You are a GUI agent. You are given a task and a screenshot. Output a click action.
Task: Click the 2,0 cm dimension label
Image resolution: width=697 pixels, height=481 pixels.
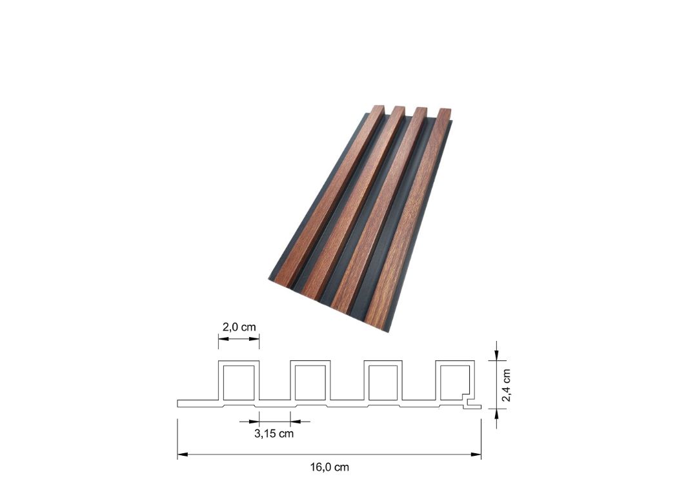[239, 327]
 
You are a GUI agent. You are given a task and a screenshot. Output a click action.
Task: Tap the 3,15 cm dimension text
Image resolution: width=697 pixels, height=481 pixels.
[274, 433]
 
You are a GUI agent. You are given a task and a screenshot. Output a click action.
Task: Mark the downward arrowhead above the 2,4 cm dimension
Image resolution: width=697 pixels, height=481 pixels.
[496, 354]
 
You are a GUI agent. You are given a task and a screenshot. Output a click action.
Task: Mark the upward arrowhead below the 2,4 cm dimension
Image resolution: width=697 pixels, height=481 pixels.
[496, 414]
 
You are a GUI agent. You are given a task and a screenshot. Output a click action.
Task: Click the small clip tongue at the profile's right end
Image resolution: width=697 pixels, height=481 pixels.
[474, 405]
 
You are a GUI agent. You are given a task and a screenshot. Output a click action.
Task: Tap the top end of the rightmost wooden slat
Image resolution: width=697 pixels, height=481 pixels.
[445, 112]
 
